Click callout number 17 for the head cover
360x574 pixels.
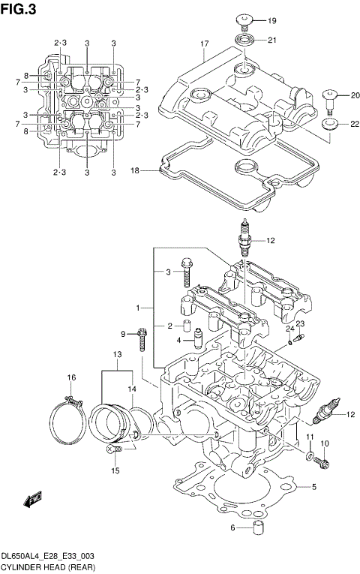pos(203,44)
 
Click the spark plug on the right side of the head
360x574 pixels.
pos(327,413)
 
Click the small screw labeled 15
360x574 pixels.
pos(115,449)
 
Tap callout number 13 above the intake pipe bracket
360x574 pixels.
pos(116,353)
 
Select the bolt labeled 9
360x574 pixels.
pos(142,341)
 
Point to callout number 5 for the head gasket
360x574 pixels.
pos(315,487)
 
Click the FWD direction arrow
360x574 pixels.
pos(32,499)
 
